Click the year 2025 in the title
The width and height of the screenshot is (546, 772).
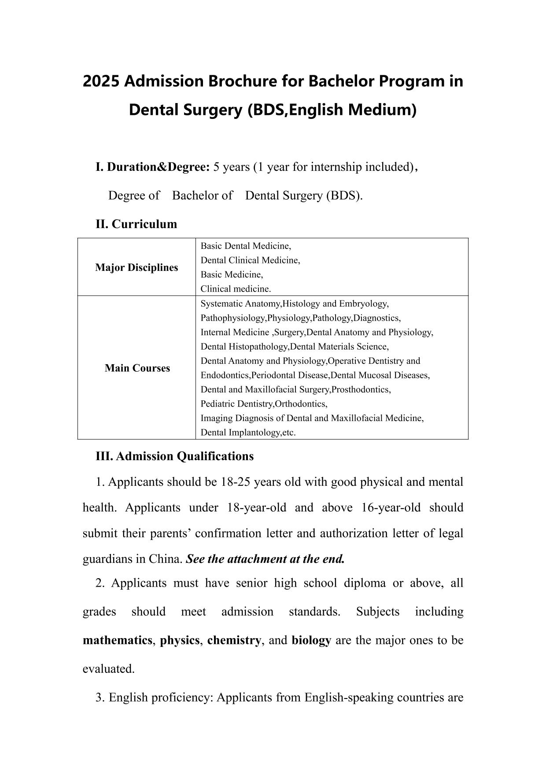tap(101, 81)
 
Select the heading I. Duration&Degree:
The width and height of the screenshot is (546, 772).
tap(152, 167)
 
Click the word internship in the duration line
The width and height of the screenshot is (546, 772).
tap(331, 167)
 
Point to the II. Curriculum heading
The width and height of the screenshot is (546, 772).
tap(136, 224)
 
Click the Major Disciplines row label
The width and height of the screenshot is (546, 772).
tap(136, 267)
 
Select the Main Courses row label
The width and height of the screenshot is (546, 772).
tap(137, 368)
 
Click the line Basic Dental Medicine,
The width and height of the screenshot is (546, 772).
tap(246, 246)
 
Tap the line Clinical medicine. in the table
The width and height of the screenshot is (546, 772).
tap(236, 289)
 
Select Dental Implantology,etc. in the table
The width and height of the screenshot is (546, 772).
tap(248, 432)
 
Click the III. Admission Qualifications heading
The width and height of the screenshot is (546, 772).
tap(174, 456)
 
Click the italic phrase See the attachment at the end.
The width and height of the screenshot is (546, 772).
tap(265, 559)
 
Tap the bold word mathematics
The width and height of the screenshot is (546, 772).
tap(117, 640)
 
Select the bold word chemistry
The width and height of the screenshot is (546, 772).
tap(234, 640)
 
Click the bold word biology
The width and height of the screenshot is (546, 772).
tap(311, 640)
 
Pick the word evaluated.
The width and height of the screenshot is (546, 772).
tap(108, 669)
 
